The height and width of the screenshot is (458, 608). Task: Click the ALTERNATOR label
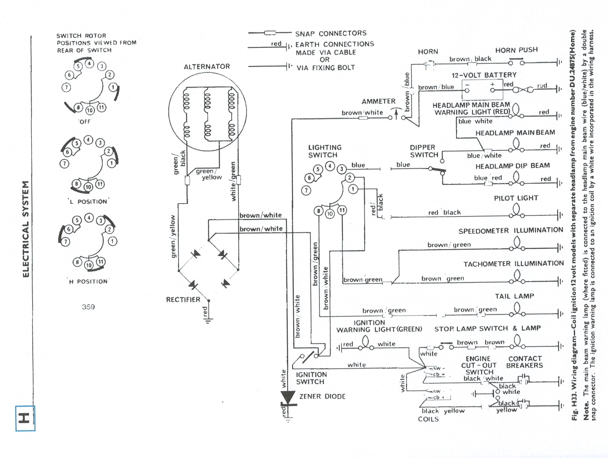click(x=206, y=67)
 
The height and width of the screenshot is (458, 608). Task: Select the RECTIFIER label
click(x=183, y=299)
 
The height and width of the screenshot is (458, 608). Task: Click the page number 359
click(x=88, y=307)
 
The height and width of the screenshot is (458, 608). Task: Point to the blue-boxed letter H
click(x=25, y=418)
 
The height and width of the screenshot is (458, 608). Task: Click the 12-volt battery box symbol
click(x=482, y=90)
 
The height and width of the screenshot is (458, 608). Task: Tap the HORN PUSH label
click(x=516, y=50)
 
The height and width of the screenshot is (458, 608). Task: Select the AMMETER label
click(x=378, y=101)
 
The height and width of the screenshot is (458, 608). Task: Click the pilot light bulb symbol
click(x=516, y=211)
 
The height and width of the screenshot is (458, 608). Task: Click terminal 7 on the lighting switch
click(x=306, y=191)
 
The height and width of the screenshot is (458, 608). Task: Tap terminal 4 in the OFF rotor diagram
click(x=90, y=63)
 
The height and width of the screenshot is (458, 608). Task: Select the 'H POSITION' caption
click(x=88, y=281)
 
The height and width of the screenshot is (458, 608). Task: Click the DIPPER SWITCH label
click(x=423, y=151)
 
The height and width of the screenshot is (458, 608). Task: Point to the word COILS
click(x=428, y=419)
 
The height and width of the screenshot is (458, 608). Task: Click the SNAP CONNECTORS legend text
click(x=331, y=33)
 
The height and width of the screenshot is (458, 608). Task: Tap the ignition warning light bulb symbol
click(x=366, y=343)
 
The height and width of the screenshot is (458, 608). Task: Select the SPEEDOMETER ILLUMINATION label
click(x=510, y=231)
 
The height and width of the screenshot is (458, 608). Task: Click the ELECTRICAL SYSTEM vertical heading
click(x=26, y=229)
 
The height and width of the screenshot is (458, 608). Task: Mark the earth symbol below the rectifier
click(x=209, y=321)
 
